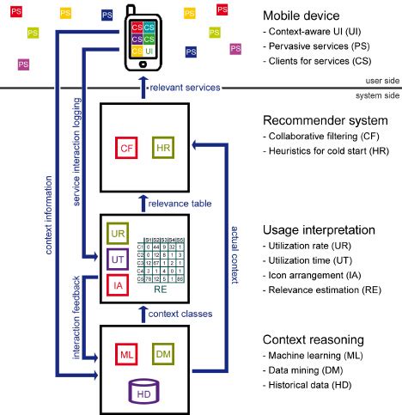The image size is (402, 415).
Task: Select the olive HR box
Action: (x=163, y=149)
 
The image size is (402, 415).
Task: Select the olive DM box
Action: (x=163, y=353)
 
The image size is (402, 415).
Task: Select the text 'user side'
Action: (x=378, y=80)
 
